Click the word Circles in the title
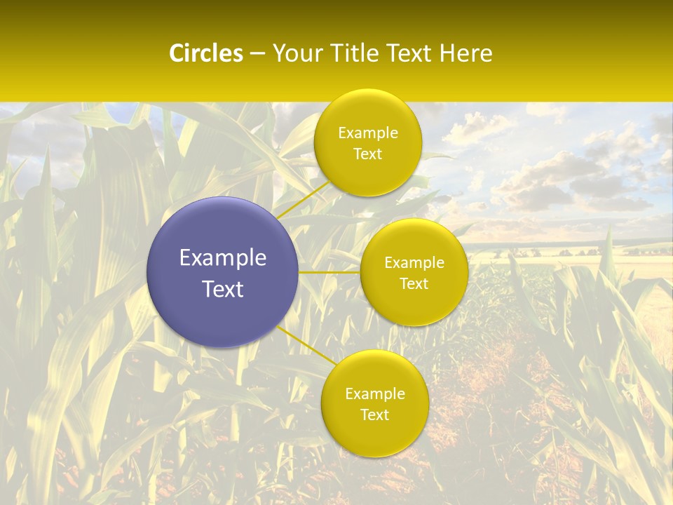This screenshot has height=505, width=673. [206, 53]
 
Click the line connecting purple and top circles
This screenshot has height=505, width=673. [303, 200]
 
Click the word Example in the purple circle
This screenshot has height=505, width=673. [223, 258]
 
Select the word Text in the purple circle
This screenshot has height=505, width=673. [223, 289]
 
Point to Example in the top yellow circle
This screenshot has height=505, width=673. [368, 133]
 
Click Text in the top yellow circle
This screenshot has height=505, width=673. [368, 154]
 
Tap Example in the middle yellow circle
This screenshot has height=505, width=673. [414, 263]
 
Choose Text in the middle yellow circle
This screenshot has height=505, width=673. [414, 283]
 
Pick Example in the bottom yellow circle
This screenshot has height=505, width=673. [375, 394]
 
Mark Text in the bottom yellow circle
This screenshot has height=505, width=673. [375, 415]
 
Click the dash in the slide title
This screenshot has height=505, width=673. [257, 54]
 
